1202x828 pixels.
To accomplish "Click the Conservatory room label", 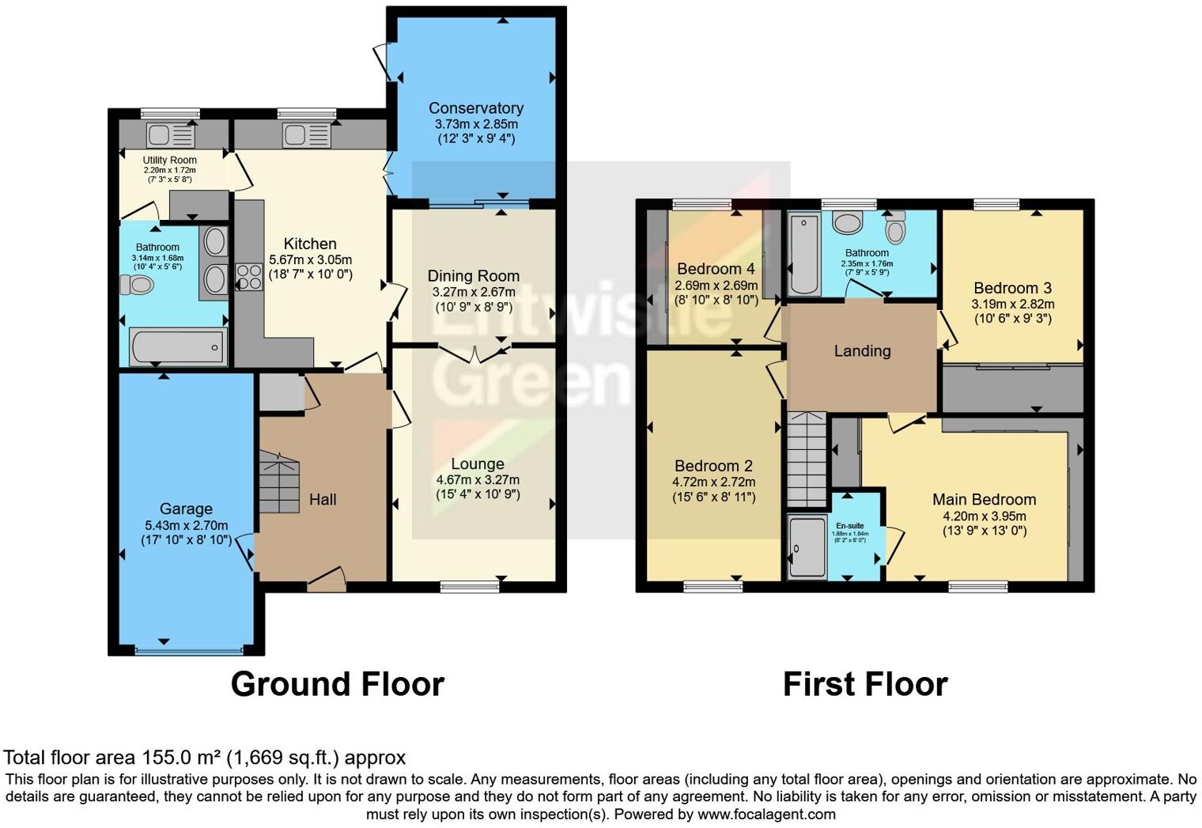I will click(476, 108).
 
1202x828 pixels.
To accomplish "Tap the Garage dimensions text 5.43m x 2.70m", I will click(186, 525).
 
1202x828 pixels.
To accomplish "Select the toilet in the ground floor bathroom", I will click(135, 285).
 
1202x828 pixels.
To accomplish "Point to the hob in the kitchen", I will click(249, 277).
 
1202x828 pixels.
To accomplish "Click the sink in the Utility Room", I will click(170, 136).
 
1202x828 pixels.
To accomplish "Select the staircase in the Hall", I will click(279, 482).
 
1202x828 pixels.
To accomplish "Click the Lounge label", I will click(478, 464).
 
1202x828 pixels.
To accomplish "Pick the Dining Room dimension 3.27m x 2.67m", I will click(474, 292).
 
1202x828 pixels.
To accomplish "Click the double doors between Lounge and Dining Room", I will click(474, 353).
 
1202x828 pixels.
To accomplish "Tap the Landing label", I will click(862, 351).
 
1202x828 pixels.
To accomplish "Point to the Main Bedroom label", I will click(984, 500).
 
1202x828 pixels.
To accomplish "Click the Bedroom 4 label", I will click(716, 269).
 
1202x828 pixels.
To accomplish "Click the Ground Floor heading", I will click(338, 684).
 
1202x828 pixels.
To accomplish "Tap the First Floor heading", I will click(865, 684).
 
